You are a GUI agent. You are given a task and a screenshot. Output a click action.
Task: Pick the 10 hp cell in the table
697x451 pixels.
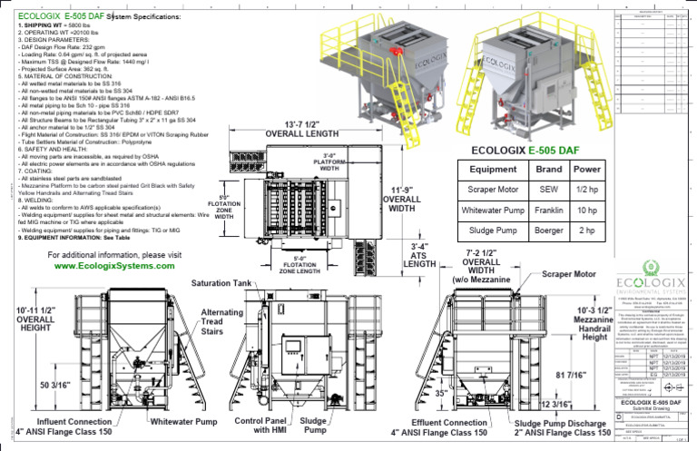pos(587,211)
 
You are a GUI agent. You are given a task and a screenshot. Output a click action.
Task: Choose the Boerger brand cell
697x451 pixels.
pos(549,230)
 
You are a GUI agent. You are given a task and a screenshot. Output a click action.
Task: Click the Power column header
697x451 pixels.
pos(587,169)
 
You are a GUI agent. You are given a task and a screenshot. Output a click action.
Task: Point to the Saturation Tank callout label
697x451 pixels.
pos(221,284)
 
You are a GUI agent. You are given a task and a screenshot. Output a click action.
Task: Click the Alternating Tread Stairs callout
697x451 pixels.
pos(221,322)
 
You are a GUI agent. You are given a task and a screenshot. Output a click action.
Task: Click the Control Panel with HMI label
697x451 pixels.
pos(262,427)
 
